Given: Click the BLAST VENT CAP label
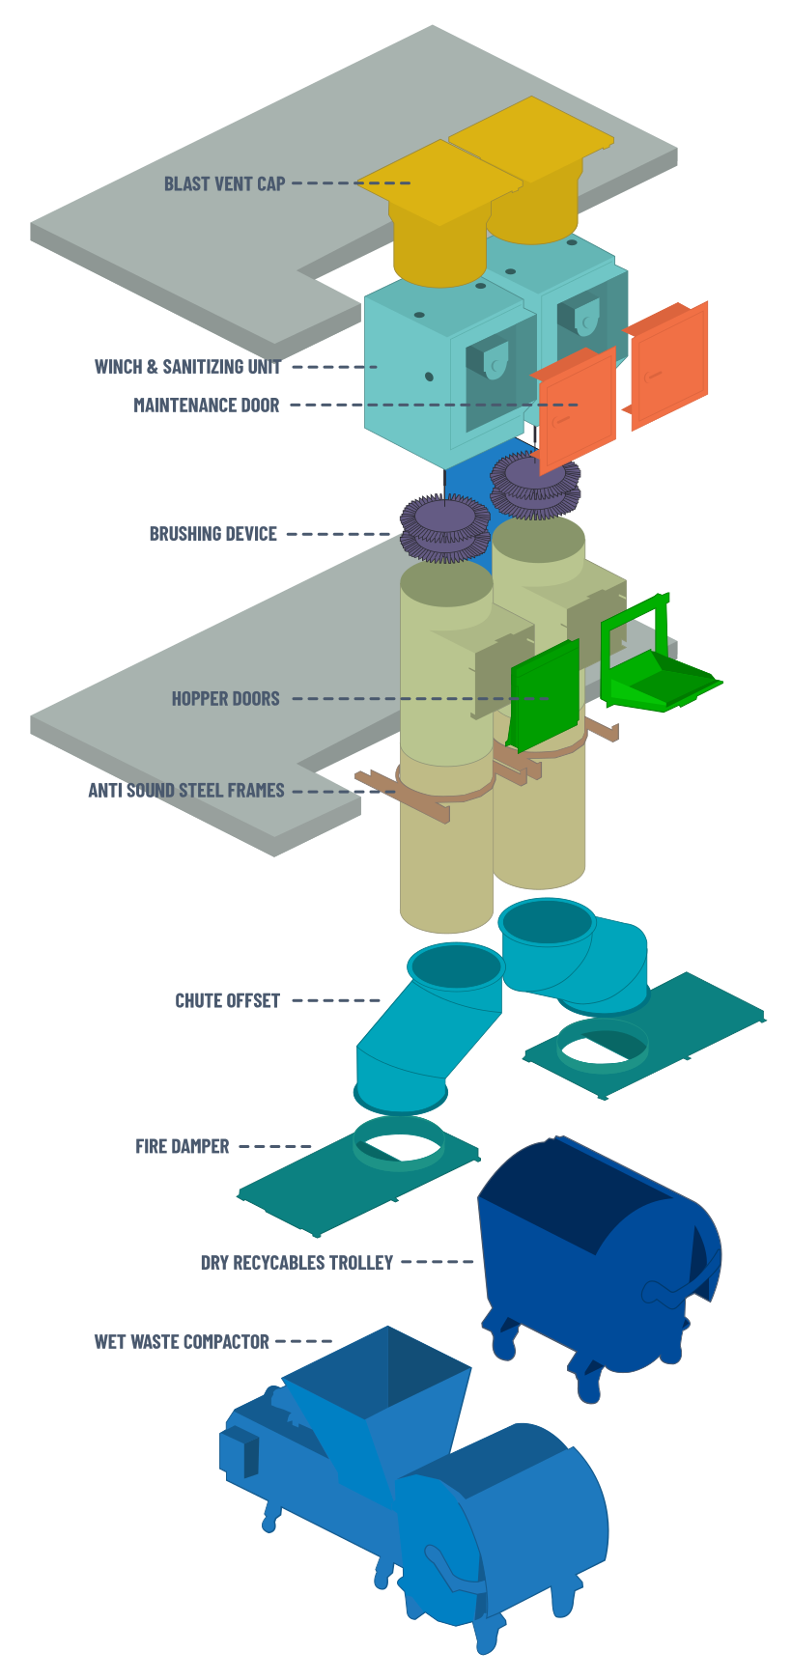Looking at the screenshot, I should pos(224,183).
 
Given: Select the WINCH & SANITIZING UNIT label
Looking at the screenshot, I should pos(187,367).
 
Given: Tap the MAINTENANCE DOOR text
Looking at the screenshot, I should pos(206,406).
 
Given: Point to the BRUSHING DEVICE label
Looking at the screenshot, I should pos(212,534).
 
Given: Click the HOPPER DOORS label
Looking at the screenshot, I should pos(225,698).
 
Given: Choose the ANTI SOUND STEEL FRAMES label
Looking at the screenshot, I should pos(186,791).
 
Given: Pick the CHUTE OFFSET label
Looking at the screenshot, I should pos(227,1001).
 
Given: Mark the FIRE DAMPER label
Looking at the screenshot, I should pos(182,1147).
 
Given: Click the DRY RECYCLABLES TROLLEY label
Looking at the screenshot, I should pos(297,1263).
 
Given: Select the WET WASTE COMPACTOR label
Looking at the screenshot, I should pos(182,1342).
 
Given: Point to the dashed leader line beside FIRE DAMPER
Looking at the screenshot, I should pos(275,1147).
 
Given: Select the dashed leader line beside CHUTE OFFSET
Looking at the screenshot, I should pos(336,1001).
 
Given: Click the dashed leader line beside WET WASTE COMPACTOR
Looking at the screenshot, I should pos(303,1342).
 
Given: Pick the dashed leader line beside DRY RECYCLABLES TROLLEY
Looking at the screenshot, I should pos(438,1263).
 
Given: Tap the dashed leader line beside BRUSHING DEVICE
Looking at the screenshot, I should pos(338,534).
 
